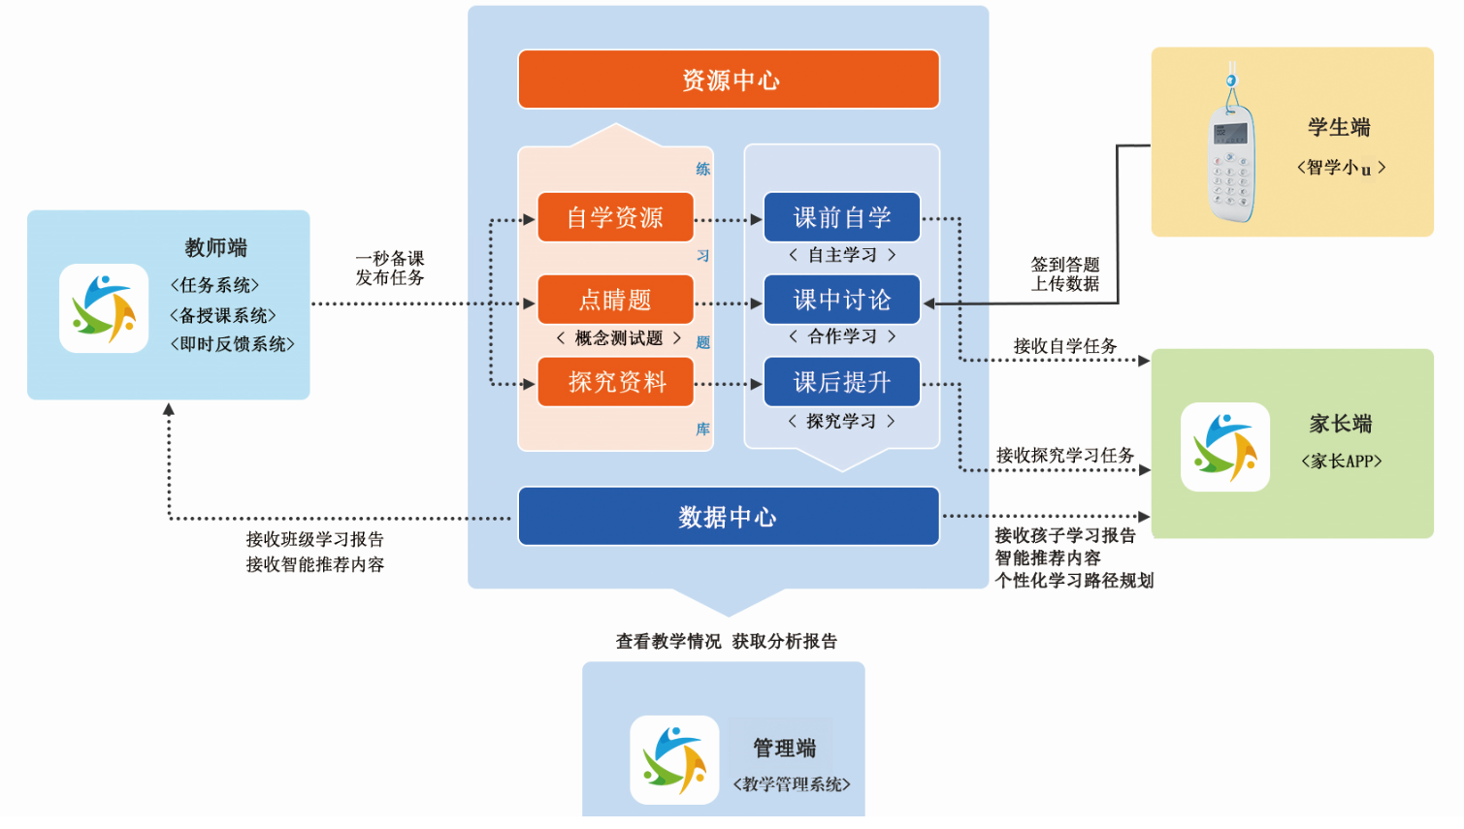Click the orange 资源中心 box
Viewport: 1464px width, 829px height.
coord(729,80)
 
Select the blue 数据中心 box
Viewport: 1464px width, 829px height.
coord(729,517)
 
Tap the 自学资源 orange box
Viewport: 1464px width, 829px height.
coord(615,217)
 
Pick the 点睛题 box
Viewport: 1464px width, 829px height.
coord(615,300)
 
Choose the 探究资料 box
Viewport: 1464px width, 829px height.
coord(615,382)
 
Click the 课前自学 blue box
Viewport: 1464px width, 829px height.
coord(841,217)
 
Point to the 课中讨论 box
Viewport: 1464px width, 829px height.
coord(841,300)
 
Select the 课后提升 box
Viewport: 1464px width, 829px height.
coord(841,382)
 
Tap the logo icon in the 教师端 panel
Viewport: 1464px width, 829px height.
coord(104,308)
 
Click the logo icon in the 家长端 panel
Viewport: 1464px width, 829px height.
coord(1225,447)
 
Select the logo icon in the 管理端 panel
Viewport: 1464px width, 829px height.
coord(674,759)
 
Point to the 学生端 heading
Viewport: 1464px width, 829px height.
coord(1339,127)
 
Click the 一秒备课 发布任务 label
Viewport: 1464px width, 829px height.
coord(390,268)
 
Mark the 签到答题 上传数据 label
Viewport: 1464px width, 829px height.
coord(1065,273)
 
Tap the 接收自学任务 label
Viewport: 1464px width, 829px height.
coord(1065,346)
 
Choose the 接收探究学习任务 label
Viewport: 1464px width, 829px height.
coord(1065,455)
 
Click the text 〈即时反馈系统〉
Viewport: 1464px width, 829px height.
coord(233,344)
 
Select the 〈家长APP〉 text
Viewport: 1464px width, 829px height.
coord(1342,462)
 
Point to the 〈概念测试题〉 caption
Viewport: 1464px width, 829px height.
coord(619,338)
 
